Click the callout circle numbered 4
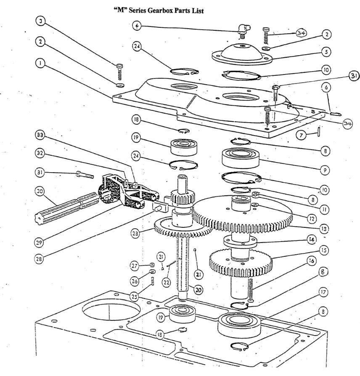(137, 26)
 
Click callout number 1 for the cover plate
(40, 64)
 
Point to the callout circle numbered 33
(40, 136)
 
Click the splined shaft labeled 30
(67, 208)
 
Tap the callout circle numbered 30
(40, 191)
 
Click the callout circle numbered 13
(323, 229)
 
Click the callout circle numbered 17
(323, 292)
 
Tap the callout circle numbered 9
(325, 170)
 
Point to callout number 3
(41, 21)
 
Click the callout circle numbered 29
(39, 243)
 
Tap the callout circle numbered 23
(135, 233)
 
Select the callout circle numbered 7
(301, 135)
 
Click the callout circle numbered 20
(198, 290)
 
